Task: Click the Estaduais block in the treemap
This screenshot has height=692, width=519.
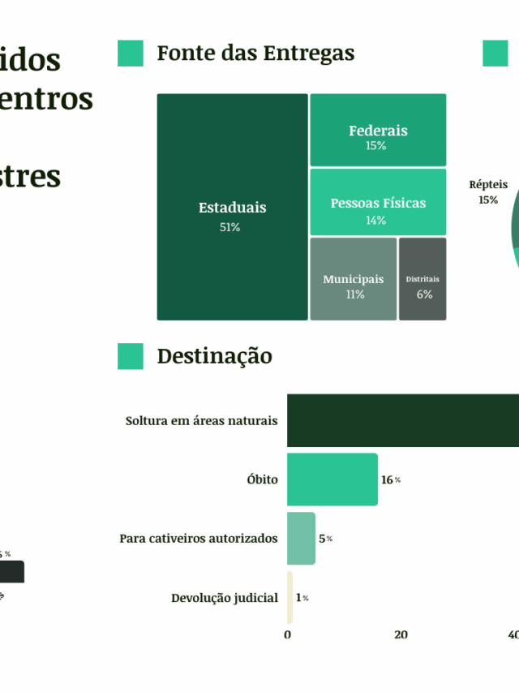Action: pyautogui.click(x=232, y=207)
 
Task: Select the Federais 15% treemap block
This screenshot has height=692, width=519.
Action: pyautogui.click(x=378, y=131)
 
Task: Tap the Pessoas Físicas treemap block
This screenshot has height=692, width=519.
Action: pyautogui.click(x=378, y=202)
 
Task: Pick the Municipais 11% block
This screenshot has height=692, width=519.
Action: pyautogui.click(x=354, y=279)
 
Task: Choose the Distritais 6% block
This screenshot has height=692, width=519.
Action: pyautogui.click(x=422, y=279)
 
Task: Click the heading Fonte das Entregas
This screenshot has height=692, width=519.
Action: pyautogui.click(x=255, y=54)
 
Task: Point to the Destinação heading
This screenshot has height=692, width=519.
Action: pyautogui.click(x=215, y=356)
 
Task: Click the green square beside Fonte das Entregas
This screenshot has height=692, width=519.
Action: pyautogui.click(x=131, y=54)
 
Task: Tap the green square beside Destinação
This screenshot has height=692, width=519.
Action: pyautogui.click(x=131, y=356)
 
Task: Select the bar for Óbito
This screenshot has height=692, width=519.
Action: pyautogui.click(x=332, y=479)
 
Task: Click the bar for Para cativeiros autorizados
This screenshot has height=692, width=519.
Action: pyautogui.click(x=301, y=539)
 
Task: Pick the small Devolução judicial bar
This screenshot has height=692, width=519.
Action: pyautogui.click(x=290, y=598)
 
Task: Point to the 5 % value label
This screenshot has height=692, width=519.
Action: pyautogui.click(x=324, y=539)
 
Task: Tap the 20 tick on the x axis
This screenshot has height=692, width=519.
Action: pyautogui.click(x=401, y=635)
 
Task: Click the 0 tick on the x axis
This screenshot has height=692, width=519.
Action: pyautogui.click(x=288, y=635)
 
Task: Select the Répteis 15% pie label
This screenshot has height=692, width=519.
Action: pyautogui.click(x=488, y=191)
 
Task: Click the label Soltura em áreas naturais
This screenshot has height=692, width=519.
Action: pyautogui.click(x=201, y=421)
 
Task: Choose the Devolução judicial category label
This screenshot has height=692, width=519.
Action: pyautogui.click(x=225, y=598)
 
